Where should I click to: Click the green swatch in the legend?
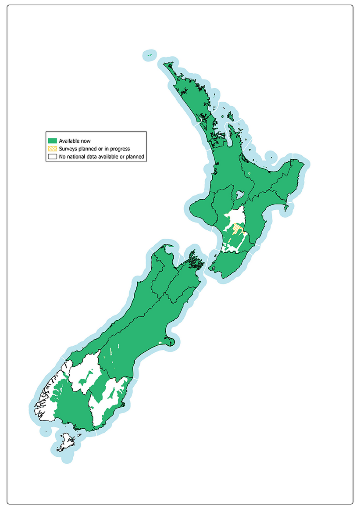click(53, 141)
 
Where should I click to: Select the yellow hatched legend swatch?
click(53, 149)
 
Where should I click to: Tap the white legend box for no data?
click(53, 156)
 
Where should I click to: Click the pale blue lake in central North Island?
click(239, 194)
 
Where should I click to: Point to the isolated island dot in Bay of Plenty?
click(271, 158)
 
